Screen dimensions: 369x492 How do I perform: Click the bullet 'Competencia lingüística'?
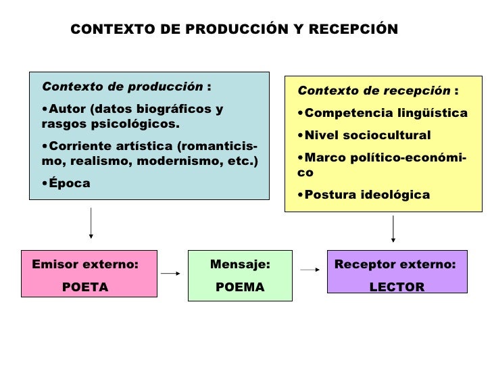[385, 113]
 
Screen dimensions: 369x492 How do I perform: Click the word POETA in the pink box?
[85, 287]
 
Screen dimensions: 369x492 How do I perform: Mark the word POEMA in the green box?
[240, 287]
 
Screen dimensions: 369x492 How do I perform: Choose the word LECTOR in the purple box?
[397, 287]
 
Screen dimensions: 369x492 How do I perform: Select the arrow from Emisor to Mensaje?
[170, 274]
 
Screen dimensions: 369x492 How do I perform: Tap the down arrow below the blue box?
[91, 223]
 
